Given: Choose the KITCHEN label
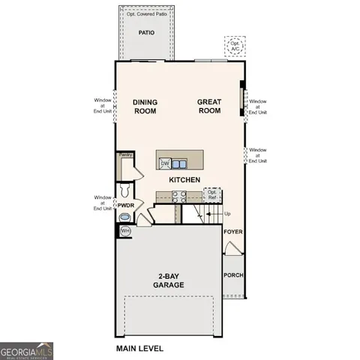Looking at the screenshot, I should tap(184, 180).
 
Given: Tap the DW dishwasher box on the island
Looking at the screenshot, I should tap(164, 163).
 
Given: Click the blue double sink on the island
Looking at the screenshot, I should tap(179, 163).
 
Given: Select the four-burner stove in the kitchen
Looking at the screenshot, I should tap(181, 196).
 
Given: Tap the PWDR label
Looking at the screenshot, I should tap(125, 204).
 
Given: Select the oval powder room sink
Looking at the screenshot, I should tap(124, 217).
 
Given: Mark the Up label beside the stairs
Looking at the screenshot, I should tap(228, 214).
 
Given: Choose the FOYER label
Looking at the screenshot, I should tap(233, 232).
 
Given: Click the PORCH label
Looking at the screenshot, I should tap(233, 274).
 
